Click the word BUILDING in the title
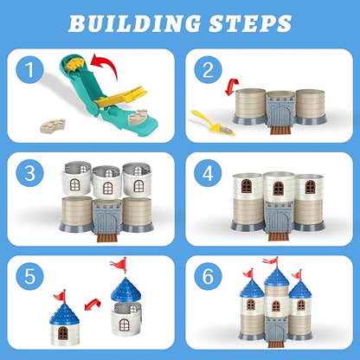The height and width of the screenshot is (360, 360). pyautogui.click(x=135, y=23)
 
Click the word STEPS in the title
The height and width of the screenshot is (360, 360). pyautogui.click(x=250, y=23)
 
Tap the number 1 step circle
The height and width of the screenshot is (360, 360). pyautogui.click(x=29, y=70)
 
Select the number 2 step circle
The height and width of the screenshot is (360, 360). pyautogui.click(x=208, y=70)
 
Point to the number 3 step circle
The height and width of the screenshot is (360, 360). pyautogui.click(x=29, y=173)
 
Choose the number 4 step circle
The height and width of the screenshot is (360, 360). pyautogui.click(x=208, y=173)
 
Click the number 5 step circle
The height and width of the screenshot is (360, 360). pyautogui.click(x=29, y=276)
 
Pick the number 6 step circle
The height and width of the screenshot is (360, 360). pyautogui.click(x=208, y=276)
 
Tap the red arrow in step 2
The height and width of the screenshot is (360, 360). pyautogui.click(x=231, y=87)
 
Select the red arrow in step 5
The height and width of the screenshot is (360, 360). pyautogui.click(x=93, y=305)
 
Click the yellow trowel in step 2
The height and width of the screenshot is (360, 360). pyautogui.click(x=212, y=123)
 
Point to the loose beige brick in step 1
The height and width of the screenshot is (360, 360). pyautogui.click(x=53, y=125)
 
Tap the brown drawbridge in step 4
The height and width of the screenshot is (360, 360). pyautogui.click(x=278, y=236)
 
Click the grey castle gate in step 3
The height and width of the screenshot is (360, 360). pyautogui.click(x=107, y=219)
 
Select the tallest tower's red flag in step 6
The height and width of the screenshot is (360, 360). pyautogui.click(x=271, y=261)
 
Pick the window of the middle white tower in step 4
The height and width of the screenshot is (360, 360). pyautogui.click(x=278, y=189)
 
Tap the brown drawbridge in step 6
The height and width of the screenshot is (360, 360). pyautogui.click(x=276, y=344)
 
